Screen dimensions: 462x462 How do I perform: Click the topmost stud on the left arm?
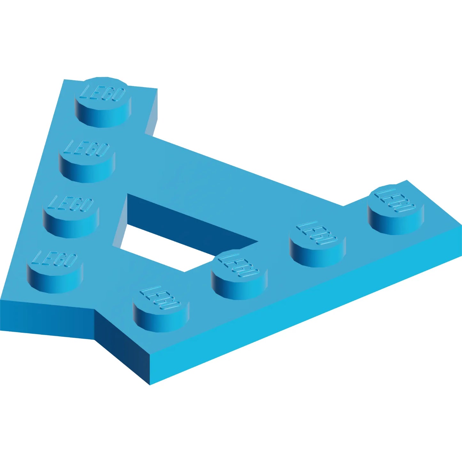(x=103, y=102)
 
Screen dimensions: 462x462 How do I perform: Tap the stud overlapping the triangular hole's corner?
(x=239, y=275)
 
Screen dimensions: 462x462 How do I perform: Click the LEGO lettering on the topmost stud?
(x=103, y=93)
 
